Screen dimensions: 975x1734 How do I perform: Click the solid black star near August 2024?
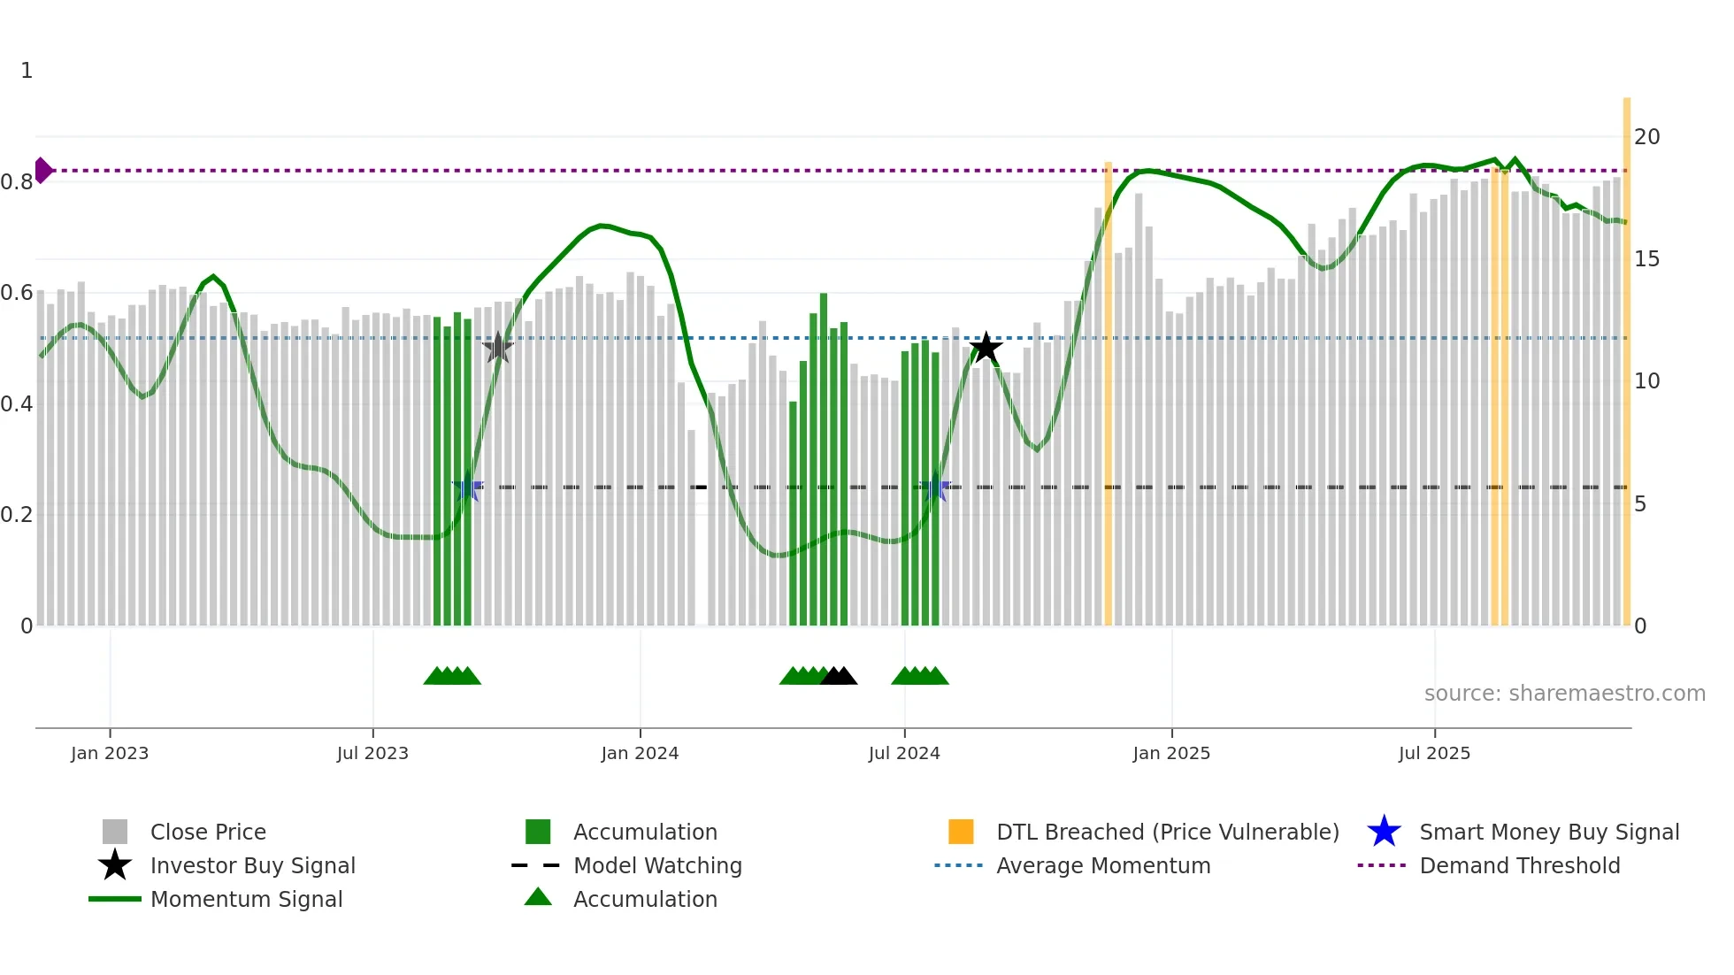[986, 348]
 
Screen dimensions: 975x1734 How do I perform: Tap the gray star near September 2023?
[498, 348]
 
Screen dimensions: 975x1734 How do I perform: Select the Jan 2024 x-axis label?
[640, 753]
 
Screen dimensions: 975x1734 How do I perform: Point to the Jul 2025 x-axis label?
[1434, 753]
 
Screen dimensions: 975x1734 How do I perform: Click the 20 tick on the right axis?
[1646, 137]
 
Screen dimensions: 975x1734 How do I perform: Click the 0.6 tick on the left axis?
[18, 293]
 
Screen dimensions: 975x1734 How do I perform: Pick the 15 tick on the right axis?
[1646, 259]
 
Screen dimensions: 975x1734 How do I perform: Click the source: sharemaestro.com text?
[1564, 694]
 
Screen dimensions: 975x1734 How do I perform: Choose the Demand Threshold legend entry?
[1519, 865]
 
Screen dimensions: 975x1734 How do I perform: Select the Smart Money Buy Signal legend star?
[1384, 832]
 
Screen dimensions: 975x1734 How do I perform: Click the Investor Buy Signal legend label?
[253, 865]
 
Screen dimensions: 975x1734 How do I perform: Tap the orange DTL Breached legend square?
[961, 832]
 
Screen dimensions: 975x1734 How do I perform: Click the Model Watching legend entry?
[656, 865]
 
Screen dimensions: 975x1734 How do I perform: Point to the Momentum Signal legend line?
[115, 899]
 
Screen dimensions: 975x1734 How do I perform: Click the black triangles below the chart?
[838, 676]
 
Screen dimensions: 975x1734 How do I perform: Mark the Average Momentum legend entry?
[1102, 865]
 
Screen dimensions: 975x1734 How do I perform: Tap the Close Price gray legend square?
[115, 832]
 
